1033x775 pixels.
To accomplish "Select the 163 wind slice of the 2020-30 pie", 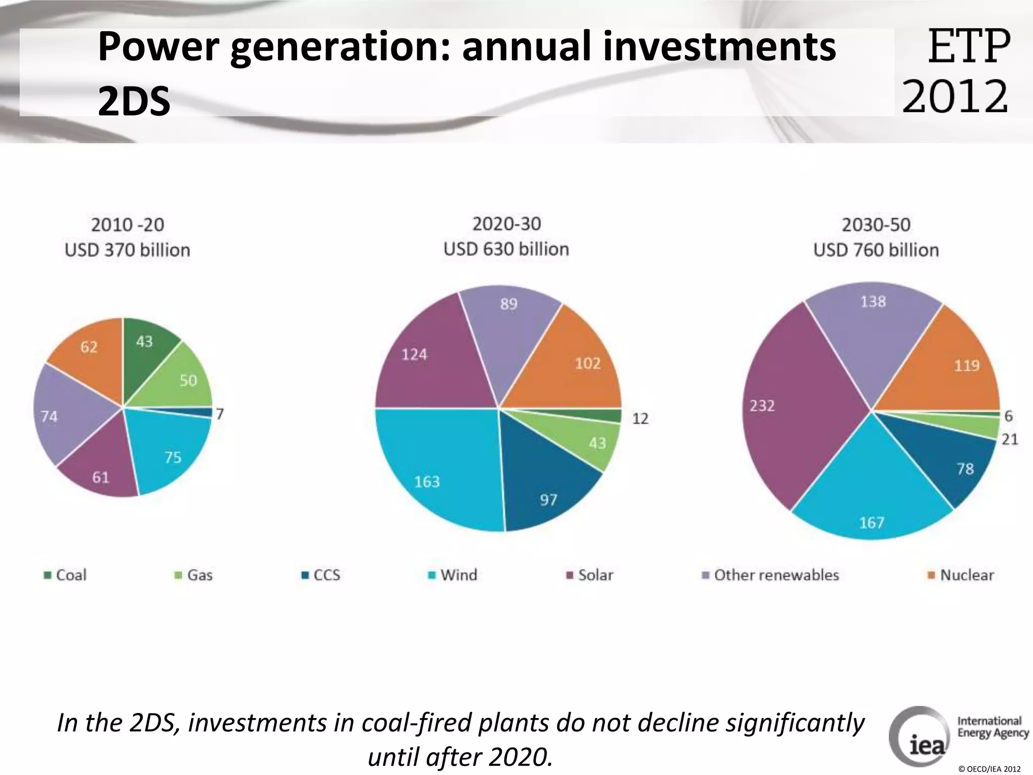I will click(434, 469).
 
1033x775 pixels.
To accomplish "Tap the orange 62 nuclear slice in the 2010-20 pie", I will click(91, 353).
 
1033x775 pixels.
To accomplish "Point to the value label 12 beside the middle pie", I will click(640, 418).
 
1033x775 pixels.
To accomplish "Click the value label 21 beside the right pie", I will click(1010, 439).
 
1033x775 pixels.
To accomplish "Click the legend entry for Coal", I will click(66, 575).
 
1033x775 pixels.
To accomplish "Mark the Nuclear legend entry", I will click(961, 575).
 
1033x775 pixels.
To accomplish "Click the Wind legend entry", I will click(452, 575).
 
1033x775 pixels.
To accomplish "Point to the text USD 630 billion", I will click(506, 249).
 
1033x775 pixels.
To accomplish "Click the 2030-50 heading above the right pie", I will click(876, 225).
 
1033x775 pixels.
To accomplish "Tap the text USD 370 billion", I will click(127, 250).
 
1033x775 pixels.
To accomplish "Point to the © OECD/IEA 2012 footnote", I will click(989, 769).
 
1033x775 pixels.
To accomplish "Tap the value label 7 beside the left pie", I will click(220, 414).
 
